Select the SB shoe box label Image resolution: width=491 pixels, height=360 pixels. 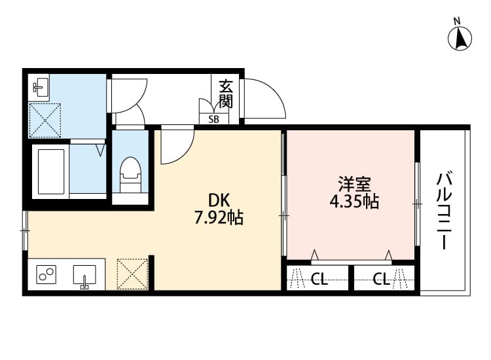pyautogui.click(x=214, y=119)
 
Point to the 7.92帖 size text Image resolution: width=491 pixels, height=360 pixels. pyautogui.click(x=219, y=218)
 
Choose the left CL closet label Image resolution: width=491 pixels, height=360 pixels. pyautogui.click(x=319, y=280)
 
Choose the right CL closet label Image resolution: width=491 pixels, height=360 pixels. pyautogui.click(x=381, y=280)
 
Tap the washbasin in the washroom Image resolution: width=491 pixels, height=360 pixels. pyautogui.click(x=41, y=87)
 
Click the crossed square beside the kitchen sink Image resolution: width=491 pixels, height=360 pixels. pyautogui.click(x=132, y=274)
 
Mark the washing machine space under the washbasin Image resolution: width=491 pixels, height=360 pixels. pyautogui.click(x=45, y=120)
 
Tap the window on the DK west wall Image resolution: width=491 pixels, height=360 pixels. pyautogui.click(x=25, y=230)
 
